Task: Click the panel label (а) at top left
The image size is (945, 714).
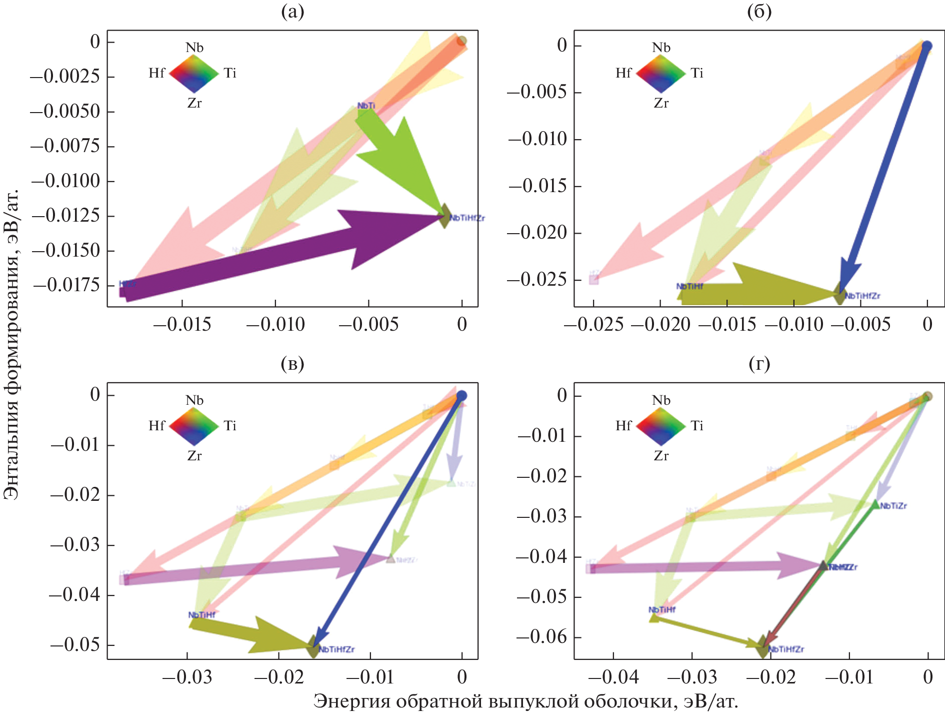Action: pyautogui.click(x=292, y=12)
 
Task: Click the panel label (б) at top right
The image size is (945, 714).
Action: pyautogui.click(x=759, y=12)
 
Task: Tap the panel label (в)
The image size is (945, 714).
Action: pyautogui.click(x=292, y=364)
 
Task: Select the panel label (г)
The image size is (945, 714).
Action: pyautogui.click(x=759, y=364)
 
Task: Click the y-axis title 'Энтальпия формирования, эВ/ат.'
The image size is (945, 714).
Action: pyautogui.click(x=11, y=345)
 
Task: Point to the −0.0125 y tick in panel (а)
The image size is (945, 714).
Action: pyautogui.click(x=66, y=216)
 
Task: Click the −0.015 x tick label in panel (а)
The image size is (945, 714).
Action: pyautogui.click(x=182, y=325)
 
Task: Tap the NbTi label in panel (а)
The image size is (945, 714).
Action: pyautogui.click(x=366, y=106)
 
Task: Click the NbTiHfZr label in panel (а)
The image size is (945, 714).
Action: pyautogui.click(x=467, y=218)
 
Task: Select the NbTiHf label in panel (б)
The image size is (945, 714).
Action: pyautogui.click(x=689, y=286)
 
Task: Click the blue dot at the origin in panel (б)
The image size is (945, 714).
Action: pyautogui.click(x=926, y=46)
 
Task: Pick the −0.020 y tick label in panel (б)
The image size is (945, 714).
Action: pyautogui.click(x=537, y=233)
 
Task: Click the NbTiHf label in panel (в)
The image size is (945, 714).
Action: pyautogui.click(x=201, y=615)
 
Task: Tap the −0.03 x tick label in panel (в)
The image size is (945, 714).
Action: pyautogui.click(x=187, y=677)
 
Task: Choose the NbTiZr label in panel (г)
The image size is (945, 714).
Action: pyautogui.click(x=893, y=506)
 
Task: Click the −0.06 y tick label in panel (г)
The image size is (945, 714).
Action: pyautogui.click(x=541, y=637)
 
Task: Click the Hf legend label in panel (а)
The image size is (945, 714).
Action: pyautogui.click(x=156, y=74)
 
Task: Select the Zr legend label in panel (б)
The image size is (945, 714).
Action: pyautogui.click(x=661, y=103)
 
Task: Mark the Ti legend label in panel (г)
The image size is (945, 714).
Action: pyautogui.click(x=697, y=426)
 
